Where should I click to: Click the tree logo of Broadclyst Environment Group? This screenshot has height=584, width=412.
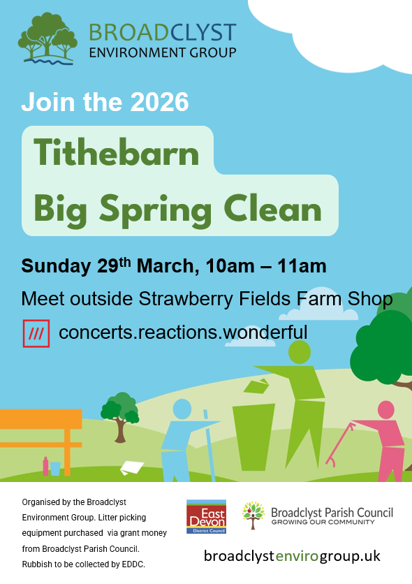[x=47, y=38]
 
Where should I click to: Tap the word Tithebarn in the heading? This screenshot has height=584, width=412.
[x=117, y=153]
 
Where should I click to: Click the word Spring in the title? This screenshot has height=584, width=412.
[x=155, y=210]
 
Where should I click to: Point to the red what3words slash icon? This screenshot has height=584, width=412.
[x=36, y=333]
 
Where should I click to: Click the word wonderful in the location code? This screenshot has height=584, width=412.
[x=265, y=332]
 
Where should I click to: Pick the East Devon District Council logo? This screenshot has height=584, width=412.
[x=206, y=516]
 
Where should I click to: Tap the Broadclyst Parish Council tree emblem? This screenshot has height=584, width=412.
[x=253, y=515]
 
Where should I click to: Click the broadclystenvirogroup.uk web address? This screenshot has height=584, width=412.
[x=292, y=556]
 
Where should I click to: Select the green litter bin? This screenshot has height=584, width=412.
[x=253, y=437]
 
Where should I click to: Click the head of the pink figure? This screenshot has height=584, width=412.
[x=386, y=409]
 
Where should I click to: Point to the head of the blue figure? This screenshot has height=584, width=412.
[x=182, y=409]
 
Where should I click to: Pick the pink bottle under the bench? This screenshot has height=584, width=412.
[x=45, y=467]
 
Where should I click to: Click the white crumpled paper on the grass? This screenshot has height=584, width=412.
[x=132, y=467]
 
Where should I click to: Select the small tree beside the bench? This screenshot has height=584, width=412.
[x=120, y=417]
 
